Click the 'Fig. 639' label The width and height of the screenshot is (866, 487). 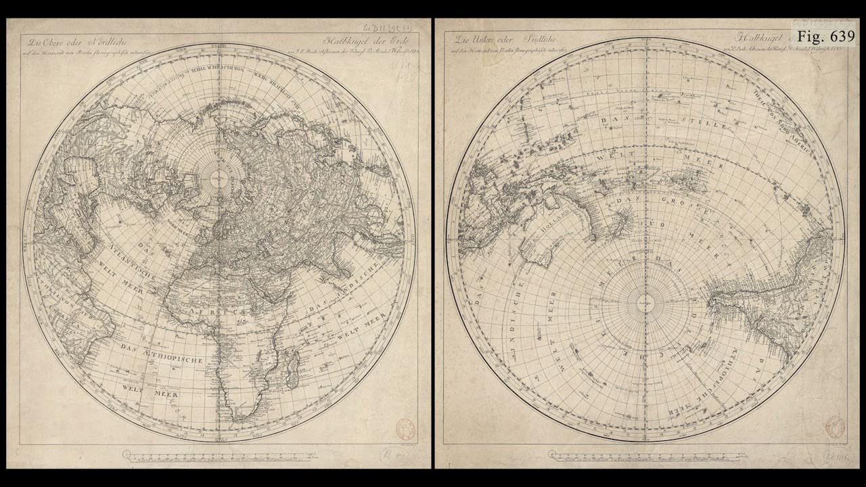coord(825,36)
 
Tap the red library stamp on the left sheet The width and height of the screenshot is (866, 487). coord(406,429)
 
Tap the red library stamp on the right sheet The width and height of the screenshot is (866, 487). coord(834,427)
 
